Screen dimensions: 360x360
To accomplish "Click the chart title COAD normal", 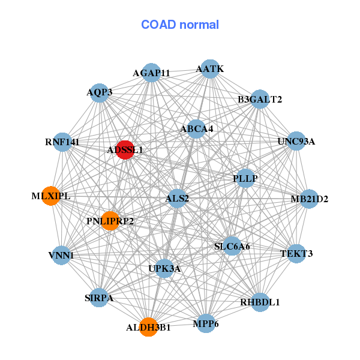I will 179,25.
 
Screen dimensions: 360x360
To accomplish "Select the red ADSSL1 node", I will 124,149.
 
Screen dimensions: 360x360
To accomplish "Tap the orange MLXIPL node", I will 51,196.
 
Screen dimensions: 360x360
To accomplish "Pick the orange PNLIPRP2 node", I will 110,221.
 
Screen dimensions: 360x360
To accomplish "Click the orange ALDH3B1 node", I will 148,328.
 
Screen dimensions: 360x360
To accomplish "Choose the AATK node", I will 209,69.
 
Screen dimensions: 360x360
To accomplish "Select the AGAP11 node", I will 151,73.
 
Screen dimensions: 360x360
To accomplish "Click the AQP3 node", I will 100,92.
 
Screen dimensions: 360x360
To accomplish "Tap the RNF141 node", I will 62,142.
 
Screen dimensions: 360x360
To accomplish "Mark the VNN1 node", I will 61,255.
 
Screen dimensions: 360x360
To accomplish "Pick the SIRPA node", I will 99,298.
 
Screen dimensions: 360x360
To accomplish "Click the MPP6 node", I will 206,323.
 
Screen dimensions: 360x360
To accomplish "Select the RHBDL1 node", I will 260,302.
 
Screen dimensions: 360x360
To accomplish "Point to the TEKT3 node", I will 296,253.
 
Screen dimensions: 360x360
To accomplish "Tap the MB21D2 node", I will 308,199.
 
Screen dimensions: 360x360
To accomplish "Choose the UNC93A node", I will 296,142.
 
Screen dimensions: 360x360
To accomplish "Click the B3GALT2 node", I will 259,99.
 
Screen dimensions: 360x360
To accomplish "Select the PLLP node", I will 245,178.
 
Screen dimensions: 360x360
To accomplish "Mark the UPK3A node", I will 164,268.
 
